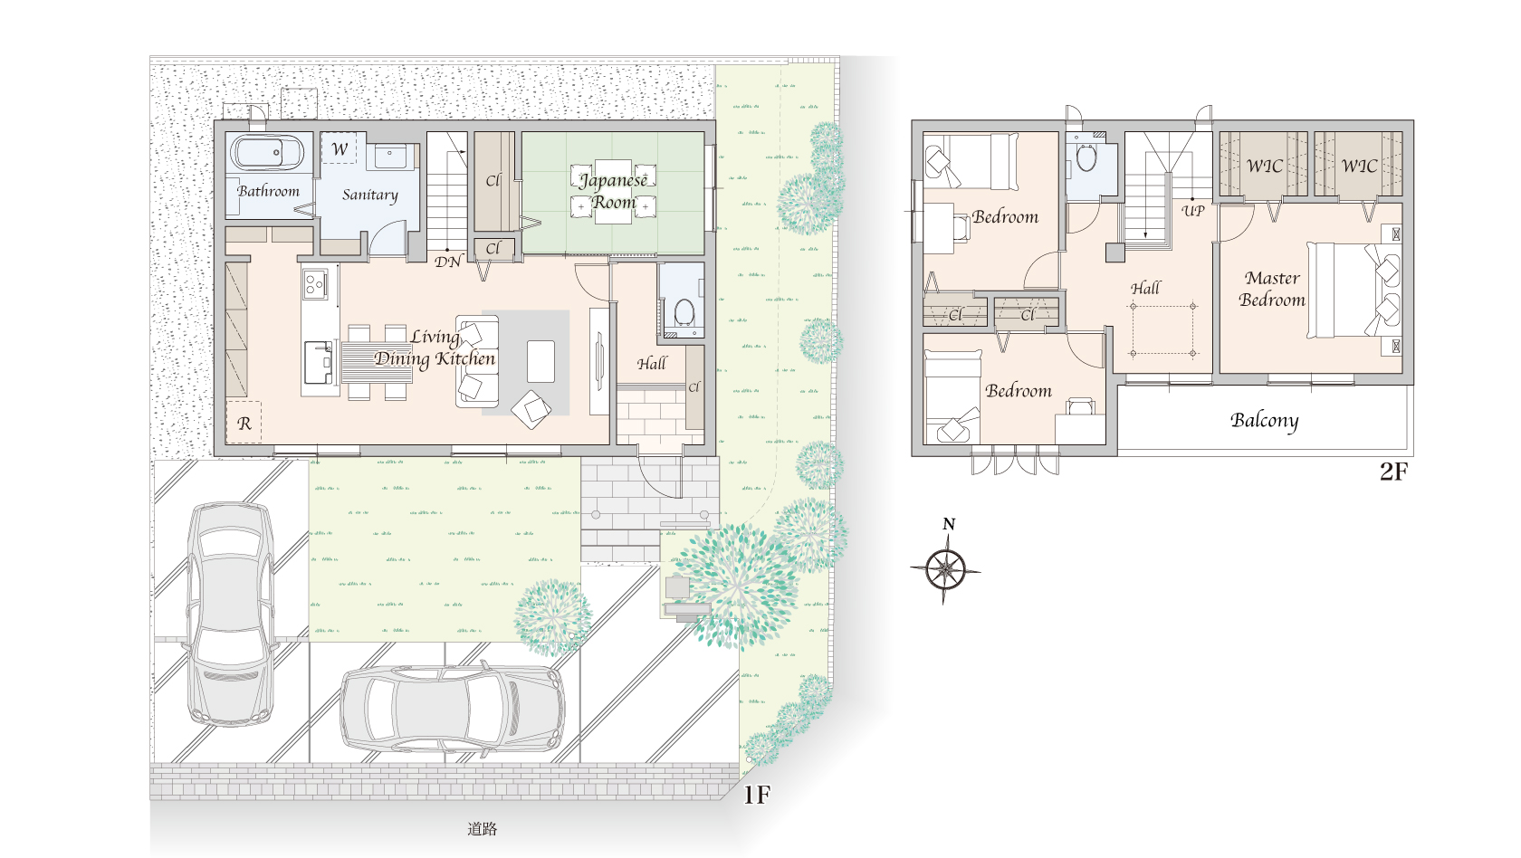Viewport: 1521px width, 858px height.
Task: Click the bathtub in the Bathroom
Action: (268, 153)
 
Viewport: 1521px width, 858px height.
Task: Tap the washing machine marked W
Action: (339, 148)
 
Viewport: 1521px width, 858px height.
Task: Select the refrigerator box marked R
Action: (243, 422)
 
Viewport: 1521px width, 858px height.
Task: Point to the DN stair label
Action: (448, 262)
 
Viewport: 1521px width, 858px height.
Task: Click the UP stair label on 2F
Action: (1193, 210)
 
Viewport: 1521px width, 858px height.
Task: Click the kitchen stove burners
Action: (314, 283)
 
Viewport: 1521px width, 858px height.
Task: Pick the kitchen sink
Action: (318, 362)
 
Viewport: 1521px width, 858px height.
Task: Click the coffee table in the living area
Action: (540, 361)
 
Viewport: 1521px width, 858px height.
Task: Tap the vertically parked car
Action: (231, 614)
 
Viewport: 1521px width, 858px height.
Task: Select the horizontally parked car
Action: (453, 710)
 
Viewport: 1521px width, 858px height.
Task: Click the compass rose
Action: (945, 568)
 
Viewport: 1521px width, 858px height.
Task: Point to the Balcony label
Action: (1264, 420)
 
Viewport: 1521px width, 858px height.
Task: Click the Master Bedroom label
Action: (1272, 289)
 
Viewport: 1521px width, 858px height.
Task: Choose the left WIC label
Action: (1264, 167)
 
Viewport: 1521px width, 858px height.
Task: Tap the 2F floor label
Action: (1394, 471)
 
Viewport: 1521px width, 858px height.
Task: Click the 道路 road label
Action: (482, 828)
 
